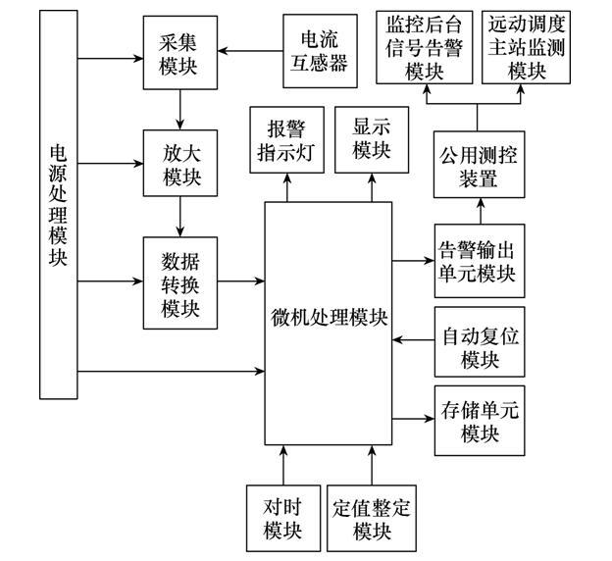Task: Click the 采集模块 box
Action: tap(178, 50)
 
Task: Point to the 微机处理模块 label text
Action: tap(330, 319)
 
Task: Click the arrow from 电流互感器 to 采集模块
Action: tap(249, 49)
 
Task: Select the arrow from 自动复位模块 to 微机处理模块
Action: tap(413, 341)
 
